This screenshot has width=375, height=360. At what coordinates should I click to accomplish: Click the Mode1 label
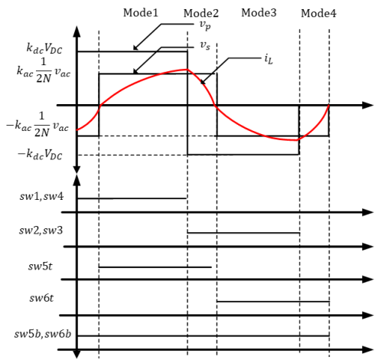[x=141, y=13]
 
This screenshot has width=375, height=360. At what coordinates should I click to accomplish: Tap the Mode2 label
[x=201, y=13]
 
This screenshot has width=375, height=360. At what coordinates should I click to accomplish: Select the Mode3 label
[x=259, y=13]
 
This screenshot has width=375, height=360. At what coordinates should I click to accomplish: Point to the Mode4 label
[x=318, y=13]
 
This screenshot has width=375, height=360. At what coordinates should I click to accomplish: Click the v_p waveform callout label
[x=205, y=25]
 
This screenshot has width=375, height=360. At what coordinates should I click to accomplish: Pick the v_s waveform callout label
[x=205, y=46]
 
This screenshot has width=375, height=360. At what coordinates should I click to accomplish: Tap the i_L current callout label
[x=269, y=60]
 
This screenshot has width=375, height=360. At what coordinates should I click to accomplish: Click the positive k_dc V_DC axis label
[x=44, y=48]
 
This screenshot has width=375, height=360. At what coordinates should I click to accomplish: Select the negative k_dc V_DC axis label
[x=40, y=154]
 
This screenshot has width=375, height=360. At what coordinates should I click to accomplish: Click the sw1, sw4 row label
[x=41, y=197]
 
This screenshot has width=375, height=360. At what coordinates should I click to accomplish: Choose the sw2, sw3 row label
[x=41, y=231]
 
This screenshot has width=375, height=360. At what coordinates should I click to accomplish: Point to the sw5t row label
[x=41, y=267]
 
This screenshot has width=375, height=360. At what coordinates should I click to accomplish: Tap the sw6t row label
[x=41, y=298]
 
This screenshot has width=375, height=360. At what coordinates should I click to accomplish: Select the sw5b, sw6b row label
[x=43, y=334]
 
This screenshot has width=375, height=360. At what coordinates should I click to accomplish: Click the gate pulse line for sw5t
[x=155, y=267]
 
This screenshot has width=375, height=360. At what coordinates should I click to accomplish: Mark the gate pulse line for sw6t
[x=273, y=302]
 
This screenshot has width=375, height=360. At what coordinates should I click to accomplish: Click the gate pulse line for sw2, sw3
[x=243, y=233]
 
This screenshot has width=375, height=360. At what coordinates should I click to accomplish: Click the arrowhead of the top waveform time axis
[x=368, y=105]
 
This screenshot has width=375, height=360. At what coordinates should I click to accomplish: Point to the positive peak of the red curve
[x=187, y=69]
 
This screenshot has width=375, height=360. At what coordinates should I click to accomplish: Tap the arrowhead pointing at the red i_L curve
[x=202, y=82]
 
